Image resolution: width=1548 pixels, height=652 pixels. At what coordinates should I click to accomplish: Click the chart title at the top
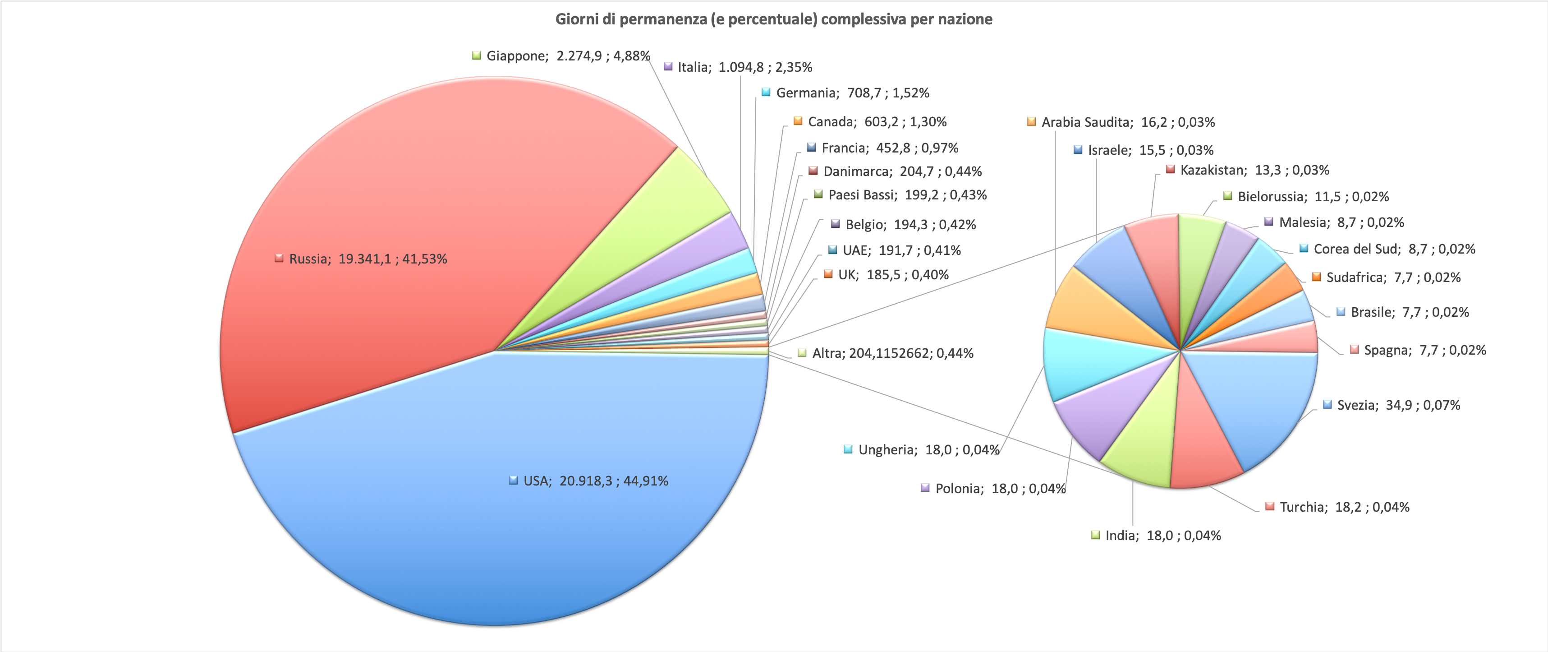coord(773,19)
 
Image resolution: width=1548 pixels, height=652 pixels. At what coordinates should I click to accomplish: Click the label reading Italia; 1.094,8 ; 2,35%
coord(744,67)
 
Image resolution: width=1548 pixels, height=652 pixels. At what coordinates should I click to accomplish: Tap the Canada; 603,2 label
coord(877,121)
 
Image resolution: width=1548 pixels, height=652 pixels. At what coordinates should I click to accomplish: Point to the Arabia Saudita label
coord(1128,122)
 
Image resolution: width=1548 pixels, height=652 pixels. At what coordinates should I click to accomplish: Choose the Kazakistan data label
coord(1254,170)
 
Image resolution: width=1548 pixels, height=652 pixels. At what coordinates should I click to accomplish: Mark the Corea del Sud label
coord(1393,249)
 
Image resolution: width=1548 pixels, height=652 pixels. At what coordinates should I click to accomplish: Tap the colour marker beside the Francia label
coord(812,148)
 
